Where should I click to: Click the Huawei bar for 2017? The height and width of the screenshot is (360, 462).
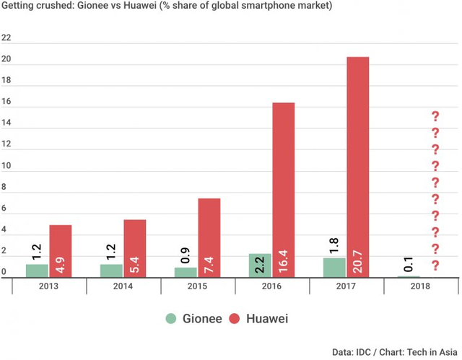pyautogui.click(x=358, y=167)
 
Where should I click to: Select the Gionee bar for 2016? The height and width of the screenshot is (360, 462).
pyautogui.click(x=260, y=265)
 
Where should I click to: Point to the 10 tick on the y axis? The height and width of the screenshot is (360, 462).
pyautogui.click(x=6, y=166)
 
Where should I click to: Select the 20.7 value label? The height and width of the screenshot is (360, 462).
pyautogui.click(x=358, y=262)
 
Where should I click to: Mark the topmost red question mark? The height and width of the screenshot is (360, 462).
pyautogui.click(x=435, y=116)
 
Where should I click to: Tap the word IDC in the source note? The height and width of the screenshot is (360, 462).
pyautogui.click(x=364, y=352)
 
